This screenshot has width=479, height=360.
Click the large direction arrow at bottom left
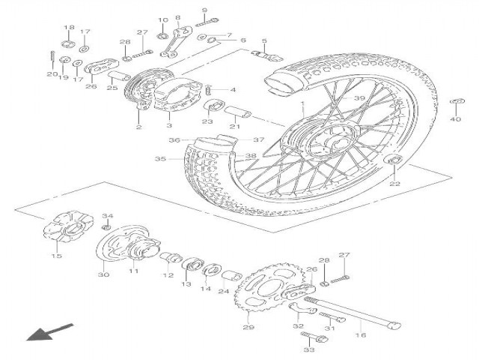coord(50,331)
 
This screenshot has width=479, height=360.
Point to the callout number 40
coord(456,118)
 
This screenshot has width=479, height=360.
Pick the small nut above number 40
coord(455,102)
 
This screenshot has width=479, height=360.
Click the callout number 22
coord(395,182)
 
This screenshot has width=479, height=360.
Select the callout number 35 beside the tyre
coord(159,159)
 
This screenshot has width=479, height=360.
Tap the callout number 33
coord(309,351)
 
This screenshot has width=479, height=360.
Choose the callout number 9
coord(204,10)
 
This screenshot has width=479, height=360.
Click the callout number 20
coord(51,75)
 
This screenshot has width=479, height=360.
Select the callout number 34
coord(106,216)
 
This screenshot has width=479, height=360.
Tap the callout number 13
coord(186,285)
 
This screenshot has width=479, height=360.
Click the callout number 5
coord(264,40)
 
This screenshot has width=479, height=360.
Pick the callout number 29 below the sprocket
coord(248,327)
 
